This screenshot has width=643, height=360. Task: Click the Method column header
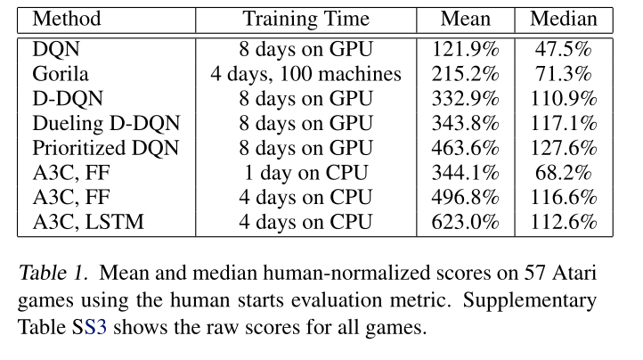pyautogui.click(x=66, y=19)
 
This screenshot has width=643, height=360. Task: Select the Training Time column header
pyautogui.click(x=305, y=19)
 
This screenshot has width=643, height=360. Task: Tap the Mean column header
pyautogui.click(x=466, y=19)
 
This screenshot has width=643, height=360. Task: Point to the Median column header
pyautogui.click(x=563, y=19)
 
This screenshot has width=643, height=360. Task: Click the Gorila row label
pyautogui.click(x=58, y=73)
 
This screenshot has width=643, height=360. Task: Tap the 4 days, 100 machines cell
pyautogui.click(x=305, y=73)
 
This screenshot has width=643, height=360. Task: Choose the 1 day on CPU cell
pyautogui.click(x=305, y=173)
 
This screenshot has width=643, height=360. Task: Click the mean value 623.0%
pyautogui.click(x=466, y=223)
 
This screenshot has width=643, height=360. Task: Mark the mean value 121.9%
pyautogui.click(x=466, y=48)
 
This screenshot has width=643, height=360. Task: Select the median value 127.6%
pyautogui.click(x=563, y=148)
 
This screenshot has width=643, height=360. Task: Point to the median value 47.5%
pyautogui.click(x=563, y=48)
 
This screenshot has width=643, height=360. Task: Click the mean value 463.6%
pyautogui.click(x=466, y=148)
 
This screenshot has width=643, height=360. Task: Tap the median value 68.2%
pyautogui.click(x=563, y=173)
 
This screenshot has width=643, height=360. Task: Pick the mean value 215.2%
pyautogui.click(x=466, y=73)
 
